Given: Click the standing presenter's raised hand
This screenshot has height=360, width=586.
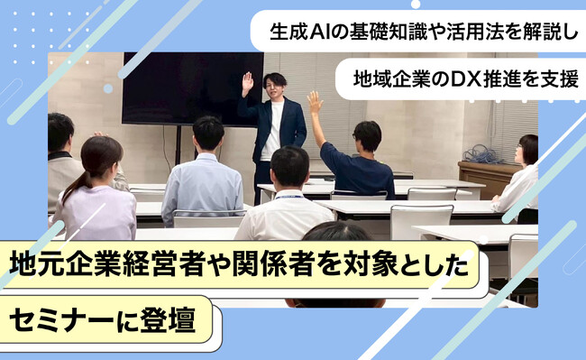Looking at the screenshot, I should [x=247, y=82].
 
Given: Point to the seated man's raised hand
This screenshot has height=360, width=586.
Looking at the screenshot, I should [x=314, y=102].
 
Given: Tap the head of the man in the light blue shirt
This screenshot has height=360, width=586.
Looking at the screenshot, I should [x=208, y=133].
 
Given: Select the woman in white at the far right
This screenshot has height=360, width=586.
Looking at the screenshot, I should [x=520, y=181].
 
